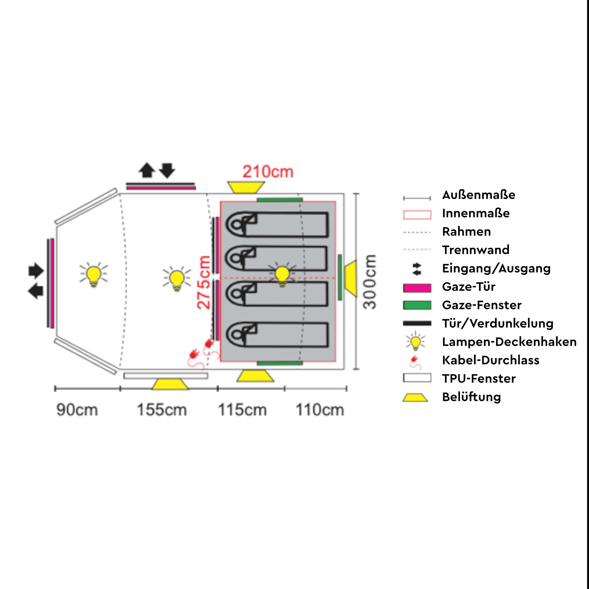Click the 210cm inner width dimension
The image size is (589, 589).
click(x=268, y=172)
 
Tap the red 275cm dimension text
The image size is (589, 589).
click(x=204, y=282)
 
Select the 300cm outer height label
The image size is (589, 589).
click(x=370, y=282)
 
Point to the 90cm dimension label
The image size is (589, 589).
click(x=77, y=410)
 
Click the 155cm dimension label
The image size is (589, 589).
click(x=162, y=410)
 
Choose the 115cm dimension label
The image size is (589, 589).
click(x=242, y=410)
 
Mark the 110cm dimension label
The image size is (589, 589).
click(x=320, y=410)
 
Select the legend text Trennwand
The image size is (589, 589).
click(x=476, y=250)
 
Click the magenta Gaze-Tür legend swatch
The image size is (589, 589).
click(x=417, y=288)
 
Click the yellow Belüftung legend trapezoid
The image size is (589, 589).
click(x=415, y=397)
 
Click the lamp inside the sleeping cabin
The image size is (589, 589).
click(x=282, y=275)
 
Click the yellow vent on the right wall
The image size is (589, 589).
click(x=351, y=278)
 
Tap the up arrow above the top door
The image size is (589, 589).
click(x=147, y=170)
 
